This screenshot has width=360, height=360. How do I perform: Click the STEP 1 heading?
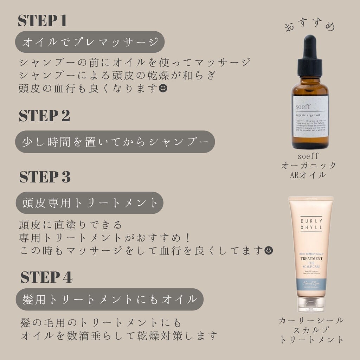pos(42,21)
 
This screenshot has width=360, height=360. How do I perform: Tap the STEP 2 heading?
pos(44,116)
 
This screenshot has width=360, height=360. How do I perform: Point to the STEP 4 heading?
pos(46,277)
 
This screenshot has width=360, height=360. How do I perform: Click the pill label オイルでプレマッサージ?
pos(90,42)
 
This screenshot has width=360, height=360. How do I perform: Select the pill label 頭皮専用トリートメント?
pos(90,203)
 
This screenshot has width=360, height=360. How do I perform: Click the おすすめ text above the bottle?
pos(310,26)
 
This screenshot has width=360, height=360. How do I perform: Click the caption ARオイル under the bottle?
pos(309,175)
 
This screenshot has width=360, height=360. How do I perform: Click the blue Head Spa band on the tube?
pos(310,284)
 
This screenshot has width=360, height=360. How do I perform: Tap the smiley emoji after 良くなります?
pos(163,88)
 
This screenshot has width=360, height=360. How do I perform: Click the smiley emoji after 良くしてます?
pos(268,250)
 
